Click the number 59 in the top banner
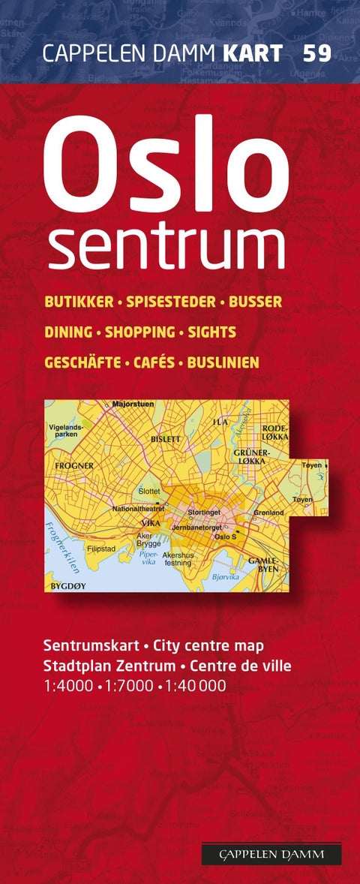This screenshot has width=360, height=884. pyautogui.click(x=317, y=53)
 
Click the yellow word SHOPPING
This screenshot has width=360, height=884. pyautogui.click(x=139, y=332)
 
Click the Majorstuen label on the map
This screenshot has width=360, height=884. pyautogui.click(x=133, y=404)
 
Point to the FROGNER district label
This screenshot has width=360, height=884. pyautogui.click(x=74, y=465)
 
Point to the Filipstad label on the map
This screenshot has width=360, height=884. pyautogui.click(x=100, y=548)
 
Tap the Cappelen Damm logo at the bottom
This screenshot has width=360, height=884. pyautogui.click(x=271, y=853)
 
